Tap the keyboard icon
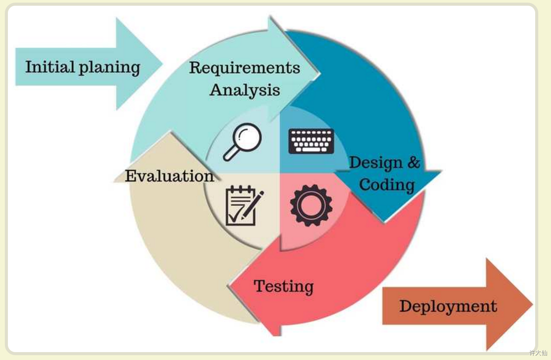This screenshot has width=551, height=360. [311, 141]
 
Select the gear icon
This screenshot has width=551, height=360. [311, 205]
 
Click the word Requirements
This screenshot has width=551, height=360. [244, 68]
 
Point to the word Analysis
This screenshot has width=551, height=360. [244, 90]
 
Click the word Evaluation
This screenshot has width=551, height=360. [170, 176]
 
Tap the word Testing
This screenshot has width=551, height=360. [283, 286]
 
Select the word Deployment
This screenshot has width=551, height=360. [448, 306]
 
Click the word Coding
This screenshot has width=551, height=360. [387, 184]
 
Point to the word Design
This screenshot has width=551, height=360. [376, 162]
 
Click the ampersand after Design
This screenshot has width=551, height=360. [414, 162]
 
